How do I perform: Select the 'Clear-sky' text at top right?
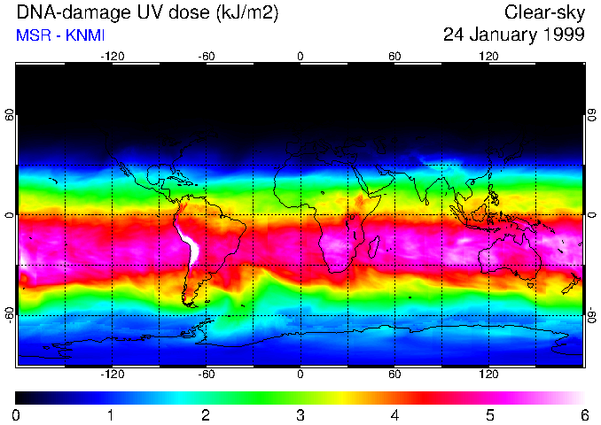[x=544, y=13]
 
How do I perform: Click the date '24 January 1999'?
[x=513, y=35]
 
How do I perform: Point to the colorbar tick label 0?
[x=16, y=415]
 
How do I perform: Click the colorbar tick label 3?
[x=300, y=415]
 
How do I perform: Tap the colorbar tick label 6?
[x=583, y=415]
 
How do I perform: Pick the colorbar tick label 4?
[x=394, y=415]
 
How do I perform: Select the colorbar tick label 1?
[x=111, y=415]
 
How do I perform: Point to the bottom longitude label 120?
[x=488, y=375]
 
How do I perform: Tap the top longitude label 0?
[x=300, y=56]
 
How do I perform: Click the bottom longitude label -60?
[x=206, y=375]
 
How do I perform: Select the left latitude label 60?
[x=10, y=116]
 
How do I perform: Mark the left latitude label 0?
[x=10, y=215]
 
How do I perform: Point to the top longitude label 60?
[x=394, y=56]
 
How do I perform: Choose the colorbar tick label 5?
[x=488, y=415]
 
